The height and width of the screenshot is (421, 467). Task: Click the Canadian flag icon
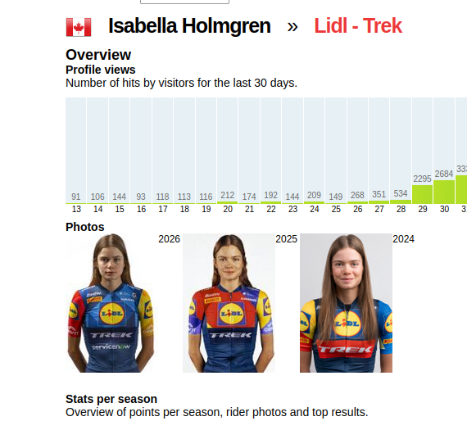[79, 27]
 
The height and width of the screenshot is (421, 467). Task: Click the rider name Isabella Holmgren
[189, 25]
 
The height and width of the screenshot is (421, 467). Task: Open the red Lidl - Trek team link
[358, 25]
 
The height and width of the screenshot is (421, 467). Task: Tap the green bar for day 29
[422, 194]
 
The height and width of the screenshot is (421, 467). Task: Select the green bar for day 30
[444, 192]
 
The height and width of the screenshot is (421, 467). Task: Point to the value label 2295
[422, 179]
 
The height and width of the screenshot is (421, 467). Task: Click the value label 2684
[444, 174]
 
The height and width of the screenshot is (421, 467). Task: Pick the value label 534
[401, 193]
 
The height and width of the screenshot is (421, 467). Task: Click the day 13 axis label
[76, 209]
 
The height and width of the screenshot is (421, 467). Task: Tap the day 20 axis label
[228, 209]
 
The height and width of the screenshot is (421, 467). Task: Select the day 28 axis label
[401, 209]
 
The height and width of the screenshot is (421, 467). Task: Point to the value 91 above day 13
[76, 197]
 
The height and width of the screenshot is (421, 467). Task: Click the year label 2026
[169, 239]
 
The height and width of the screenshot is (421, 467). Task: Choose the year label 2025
[286, 239]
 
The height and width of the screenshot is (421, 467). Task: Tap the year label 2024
[403, 239]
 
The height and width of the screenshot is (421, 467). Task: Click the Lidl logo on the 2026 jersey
[111, 313]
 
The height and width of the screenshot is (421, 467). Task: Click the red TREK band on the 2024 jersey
[346, 349]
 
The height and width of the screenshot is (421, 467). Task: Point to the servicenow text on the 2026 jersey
[111, 346]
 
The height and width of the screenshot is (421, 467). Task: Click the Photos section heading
[85, 227]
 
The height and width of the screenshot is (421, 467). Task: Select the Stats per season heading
[111, 399]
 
